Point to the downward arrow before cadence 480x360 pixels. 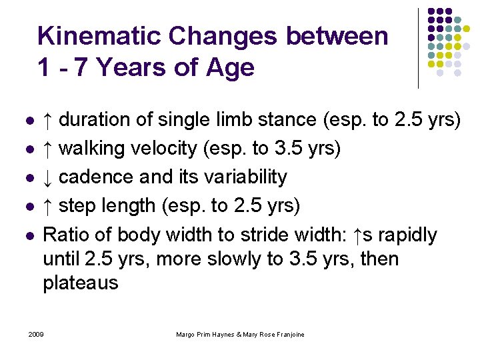(x=48, y=177)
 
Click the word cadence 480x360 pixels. (x=97, y=177)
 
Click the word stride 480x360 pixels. (x=277, y=235)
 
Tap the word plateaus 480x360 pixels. (x=80, y=283)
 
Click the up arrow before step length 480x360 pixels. (x=48, y=206)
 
